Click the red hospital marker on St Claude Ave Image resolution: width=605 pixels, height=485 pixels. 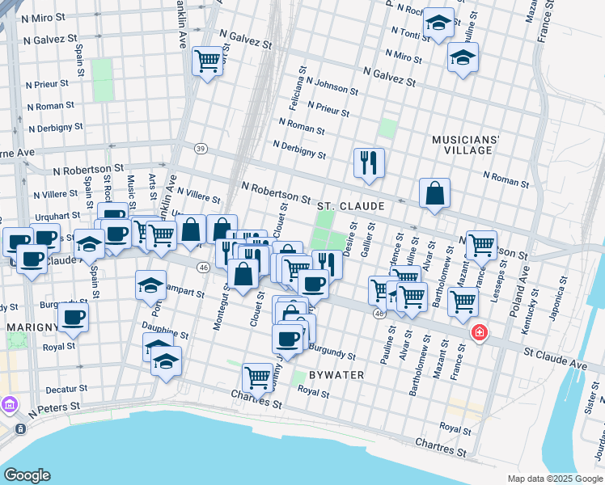coord(479,332)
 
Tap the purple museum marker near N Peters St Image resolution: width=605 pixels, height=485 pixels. coord(10,404)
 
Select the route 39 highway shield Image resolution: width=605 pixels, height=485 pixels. coord(201,148)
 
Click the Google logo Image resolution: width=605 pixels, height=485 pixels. coord(27,474)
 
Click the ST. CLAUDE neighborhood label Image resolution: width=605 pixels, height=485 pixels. coord(350,206)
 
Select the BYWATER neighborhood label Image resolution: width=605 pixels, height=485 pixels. coord(336,375)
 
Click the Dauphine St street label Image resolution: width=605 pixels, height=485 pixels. coord(164,331)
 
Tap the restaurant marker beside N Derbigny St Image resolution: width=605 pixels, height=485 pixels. coord(369,163)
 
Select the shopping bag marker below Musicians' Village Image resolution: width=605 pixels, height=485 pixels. coord(434,194)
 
